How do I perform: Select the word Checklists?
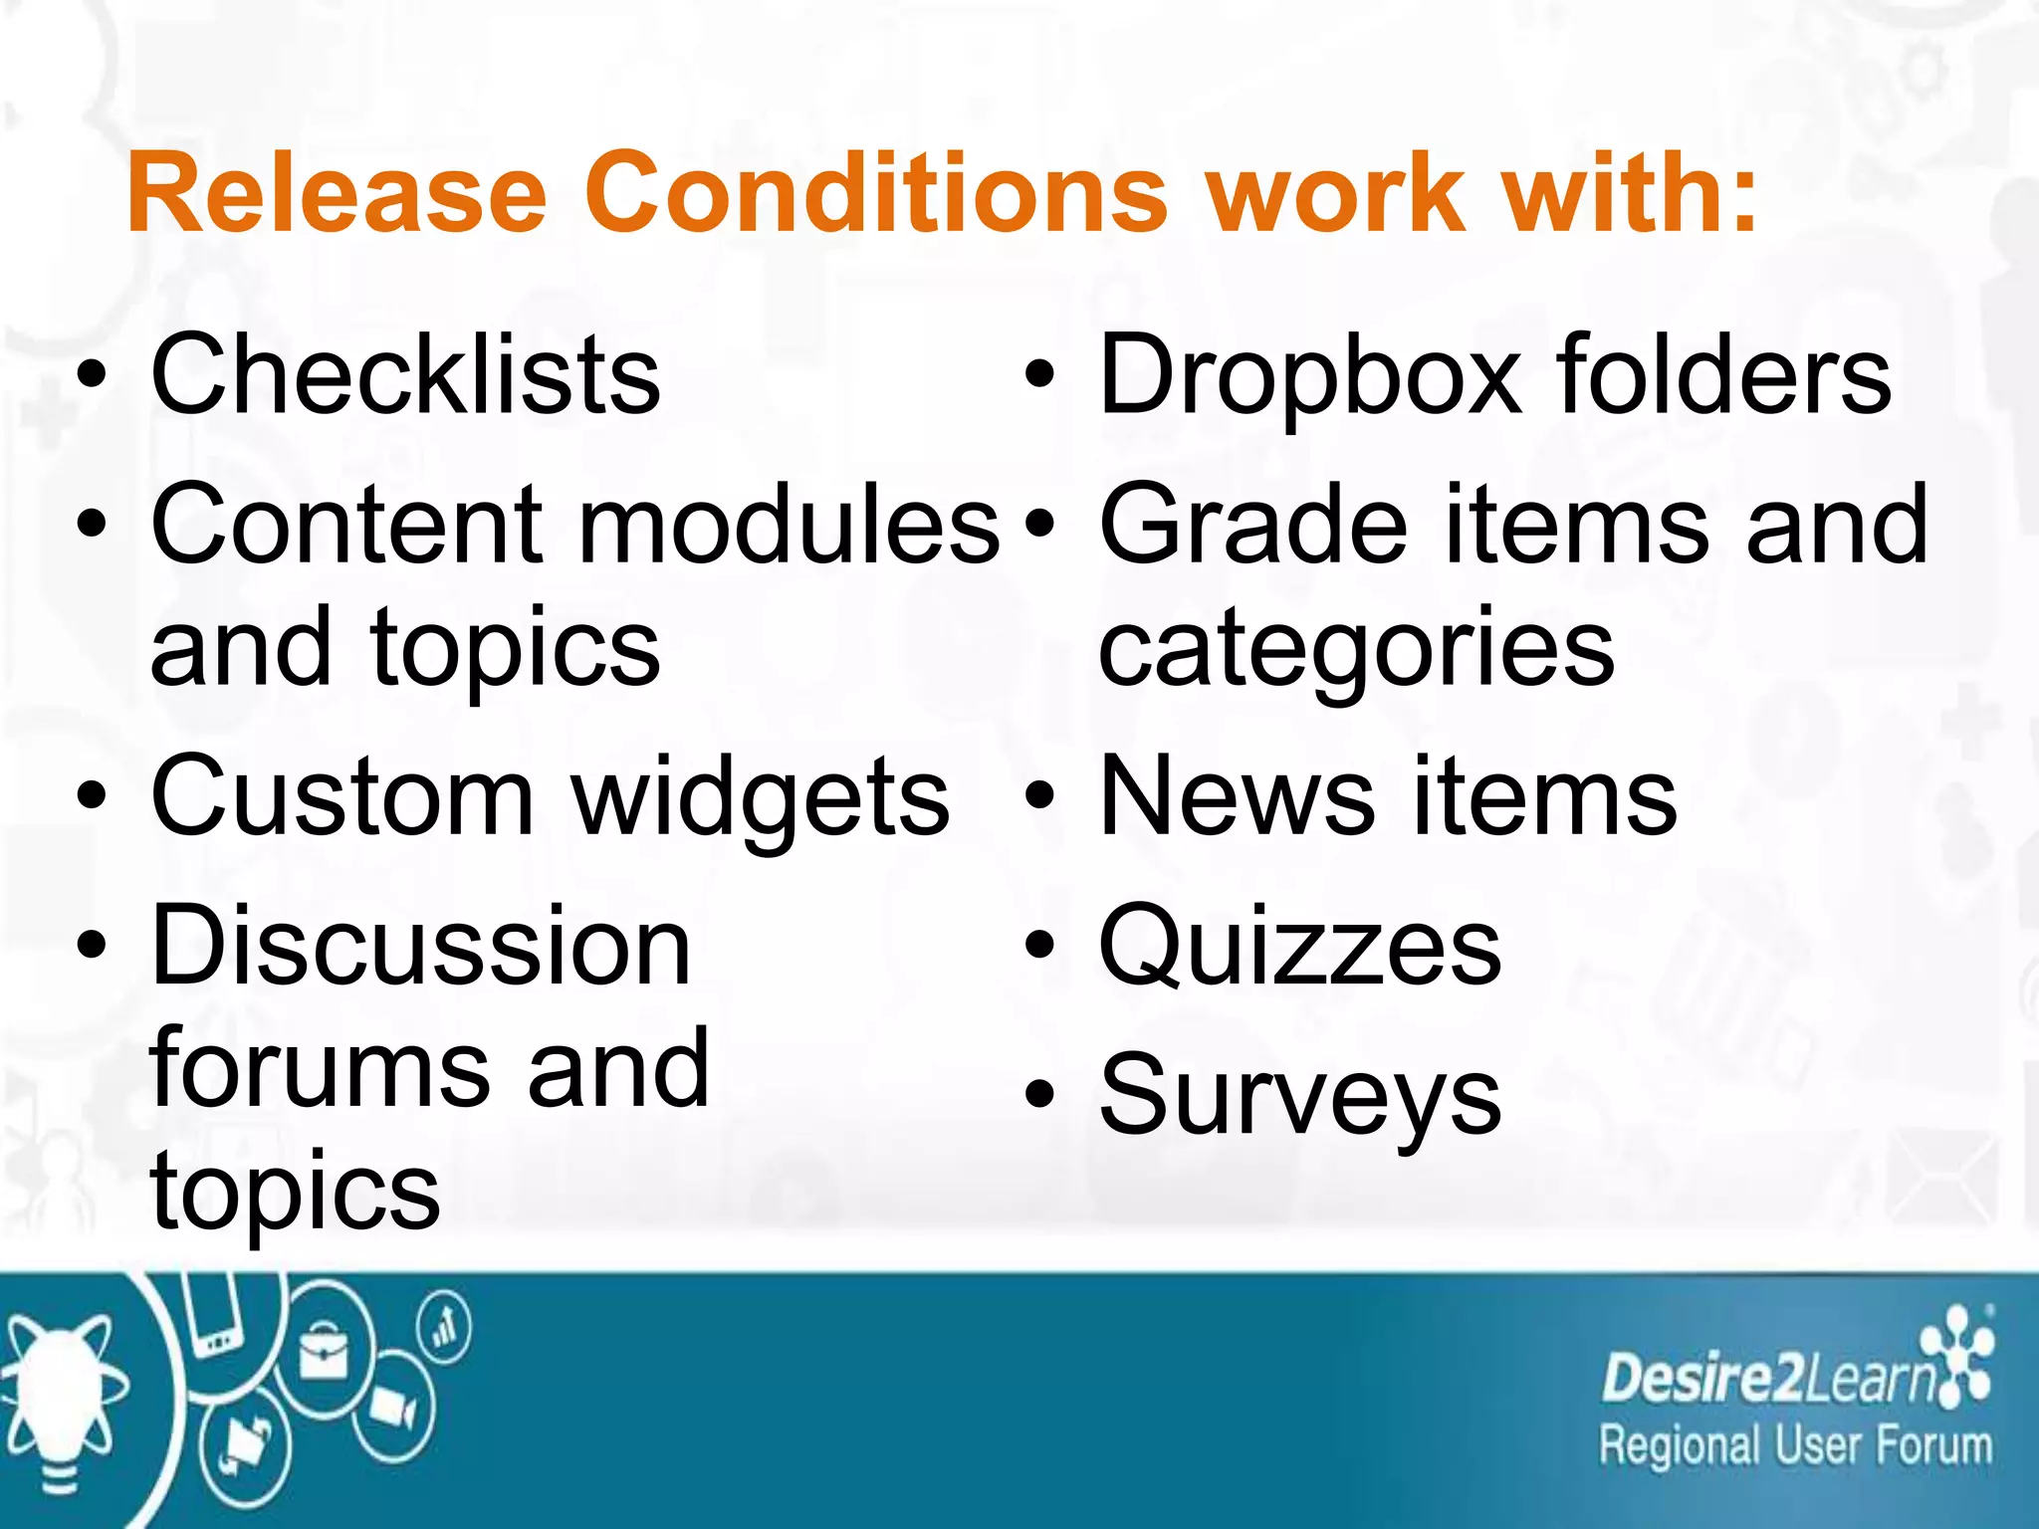click(405, 375)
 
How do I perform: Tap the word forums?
click(319, 1068)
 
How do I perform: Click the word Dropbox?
click(1310, 375)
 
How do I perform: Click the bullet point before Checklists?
click(92, 377)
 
